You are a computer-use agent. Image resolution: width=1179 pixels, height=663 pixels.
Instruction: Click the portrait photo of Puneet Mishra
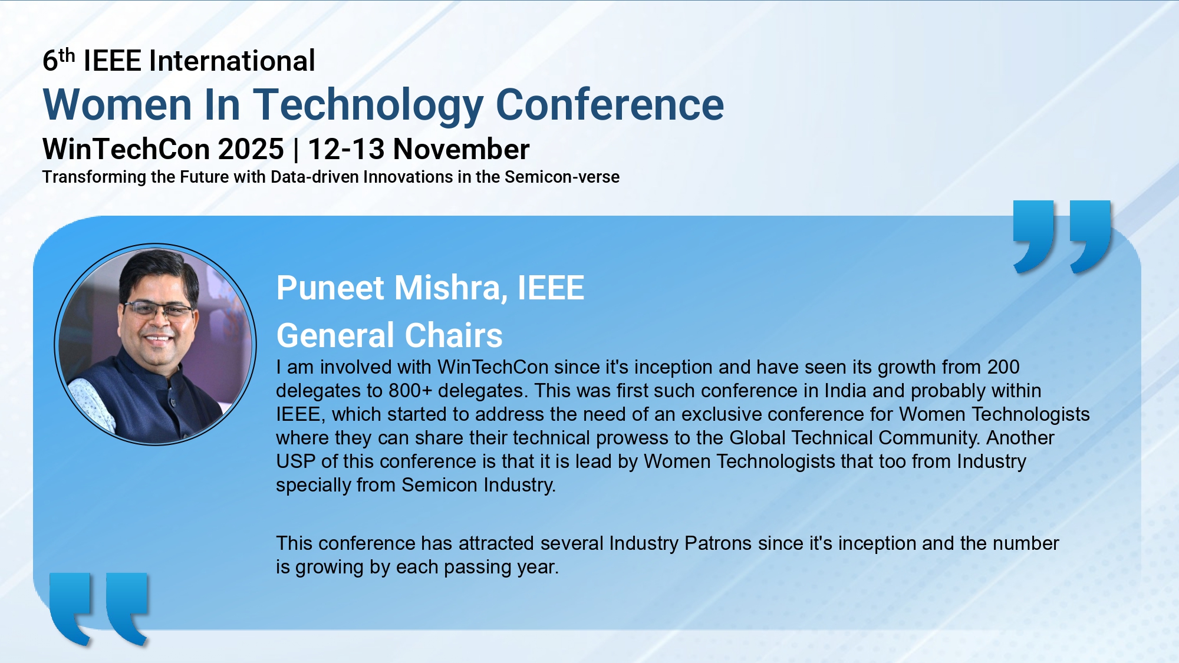point(156,344)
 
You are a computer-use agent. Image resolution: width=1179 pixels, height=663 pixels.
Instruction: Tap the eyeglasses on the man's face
point(158,309)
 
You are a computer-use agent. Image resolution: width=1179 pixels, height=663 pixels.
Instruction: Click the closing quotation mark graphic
point(1062,237)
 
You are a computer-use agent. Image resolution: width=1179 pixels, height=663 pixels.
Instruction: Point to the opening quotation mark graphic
point(99,609)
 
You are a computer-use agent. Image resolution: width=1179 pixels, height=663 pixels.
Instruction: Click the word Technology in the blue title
point(368,105)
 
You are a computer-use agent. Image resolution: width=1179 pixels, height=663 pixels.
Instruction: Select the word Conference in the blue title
point(610,105)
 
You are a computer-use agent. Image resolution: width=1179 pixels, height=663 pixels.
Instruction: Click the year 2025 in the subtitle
point(251,149)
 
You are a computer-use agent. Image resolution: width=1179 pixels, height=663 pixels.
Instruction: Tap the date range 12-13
point(346,149)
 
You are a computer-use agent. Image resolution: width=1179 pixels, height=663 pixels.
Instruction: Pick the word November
point(462,149)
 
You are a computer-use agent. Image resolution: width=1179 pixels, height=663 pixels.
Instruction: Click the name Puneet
point(331,288)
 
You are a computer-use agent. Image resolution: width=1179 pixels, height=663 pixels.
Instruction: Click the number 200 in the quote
point(1003,367)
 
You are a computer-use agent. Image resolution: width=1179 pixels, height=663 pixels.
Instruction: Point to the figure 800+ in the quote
point(410,391)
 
